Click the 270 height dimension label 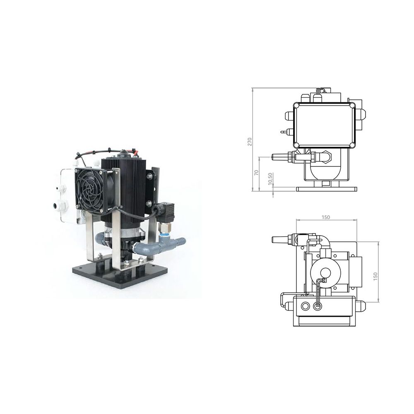pyautogui.click(x=250, y=141)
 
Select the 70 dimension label pyautogui.click(x=256, y=173)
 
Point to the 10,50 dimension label pyautogui.click(x=270, y=179)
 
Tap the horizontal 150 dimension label pyautogui.click(x=325, y=217)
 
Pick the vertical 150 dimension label pyautogui.click(x=376, y=276)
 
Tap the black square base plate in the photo pyautogui.click(x=120, y=274)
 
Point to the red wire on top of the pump pyautogui.click(x=135, y=152)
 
